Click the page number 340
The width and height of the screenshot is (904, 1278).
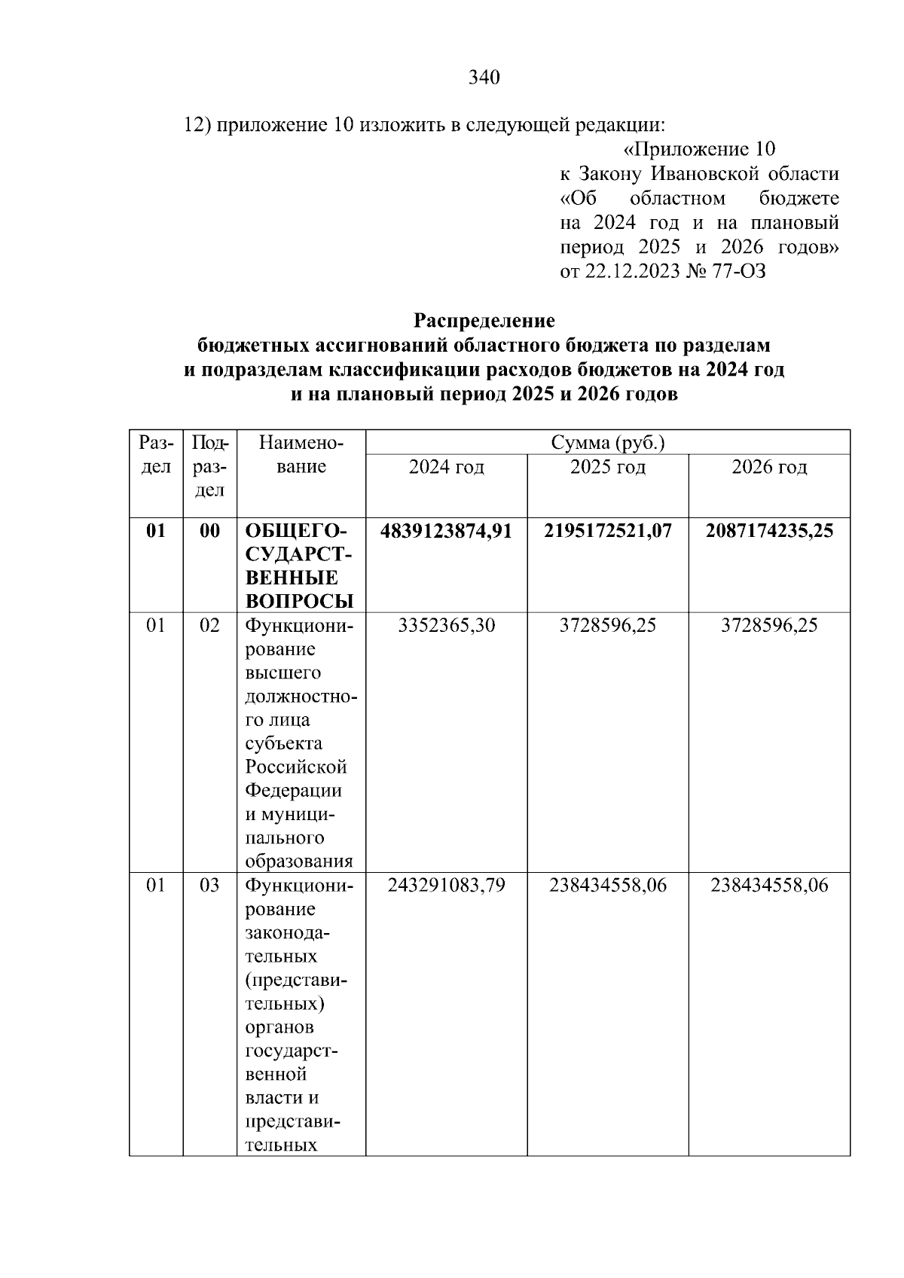point(484,78)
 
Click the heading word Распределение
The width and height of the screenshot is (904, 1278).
point(484,321)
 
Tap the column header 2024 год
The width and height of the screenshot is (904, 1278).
point(446,467)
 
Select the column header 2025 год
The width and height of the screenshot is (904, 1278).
point(607,467)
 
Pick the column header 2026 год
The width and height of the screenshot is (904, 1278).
point(769,467)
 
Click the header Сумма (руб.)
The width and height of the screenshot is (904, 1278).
point(607,442)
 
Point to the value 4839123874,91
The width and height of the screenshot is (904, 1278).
point(446,531)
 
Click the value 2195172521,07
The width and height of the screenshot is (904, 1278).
point(607,531)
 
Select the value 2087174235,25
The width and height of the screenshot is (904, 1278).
point(769,531)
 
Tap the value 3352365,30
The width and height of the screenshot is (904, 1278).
point(446,625)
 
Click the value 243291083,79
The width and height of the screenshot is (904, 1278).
point(446,885)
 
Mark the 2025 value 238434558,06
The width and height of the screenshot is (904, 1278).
point(607,885)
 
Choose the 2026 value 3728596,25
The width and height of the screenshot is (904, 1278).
point(769,625)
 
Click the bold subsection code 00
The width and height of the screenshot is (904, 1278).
point(209,531)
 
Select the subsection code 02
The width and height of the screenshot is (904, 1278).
point(209,625)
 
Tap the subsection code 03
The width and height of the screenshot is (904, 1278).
point(209,885)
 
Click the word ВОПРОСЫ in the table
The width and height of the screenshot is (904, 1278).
point(299,601)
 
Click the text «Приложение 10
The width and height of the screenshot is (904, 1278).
point(700,149)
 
